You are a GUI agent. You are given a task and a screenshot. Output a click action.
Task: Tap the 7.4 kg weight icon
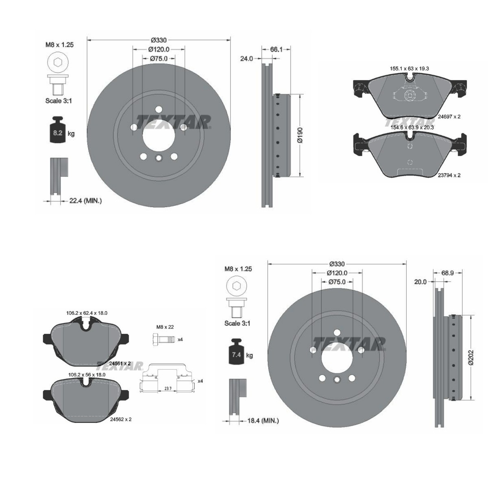(237, 351)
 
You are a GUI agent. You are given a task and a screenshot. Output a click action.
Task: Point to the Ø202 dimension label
(471, 357)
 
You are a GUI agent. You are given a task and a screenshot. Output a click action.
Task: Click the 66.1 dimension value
(276, 49)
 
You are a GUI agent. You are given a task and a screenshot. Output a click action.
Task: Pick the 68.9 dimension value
(447, 273)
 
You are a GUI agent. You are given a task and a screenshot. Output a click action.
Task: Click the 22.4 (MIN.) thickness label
(85, 201)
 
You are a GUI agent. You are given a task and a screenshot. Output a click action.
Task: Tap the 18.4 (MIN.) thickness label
(263, 420)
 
